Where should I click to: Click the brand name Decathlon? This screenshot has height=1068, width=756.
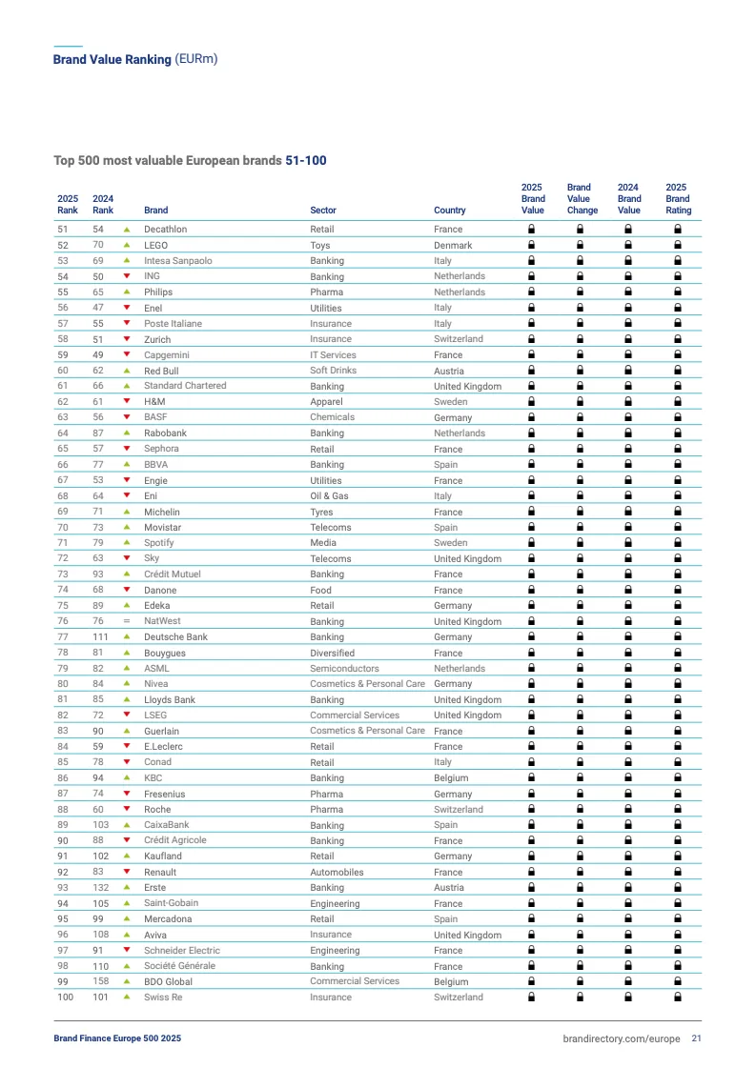click(165, 230)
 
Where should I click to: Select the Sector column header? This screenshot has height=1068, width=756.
click(322, 211)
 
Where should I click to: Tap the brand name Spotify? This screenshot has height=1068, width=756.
click(159, 543)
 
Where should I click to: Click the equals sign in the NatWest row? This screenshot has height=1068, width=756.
click(126, 621)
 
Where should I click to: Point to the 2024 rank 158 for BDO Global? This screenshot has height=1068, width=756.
click(100, 981)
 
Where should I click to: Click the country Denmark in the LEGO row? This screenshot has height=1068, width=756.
click(453, 245)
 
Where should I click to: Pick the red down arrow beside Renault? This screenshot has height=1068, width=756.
click(126, 872)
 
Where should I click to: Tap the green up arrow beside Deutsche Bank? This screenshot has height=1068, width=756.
click(126, 636)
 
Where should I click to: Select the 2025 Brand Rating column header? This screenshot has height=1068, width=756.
click(678, 199)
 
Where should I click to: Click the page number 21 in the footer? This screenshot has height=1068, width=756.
click(697, 1038)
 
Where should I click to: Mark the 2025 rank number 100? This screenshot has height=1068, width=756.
click(65, 997)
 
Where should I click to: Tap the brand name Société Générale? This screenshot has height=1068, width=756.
click(179, 966)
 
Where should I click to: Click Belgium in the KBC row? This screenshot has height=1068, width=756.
click(451, 778)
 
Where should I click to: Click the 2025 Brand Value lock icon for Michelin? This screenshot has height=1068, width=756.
click(532, 512)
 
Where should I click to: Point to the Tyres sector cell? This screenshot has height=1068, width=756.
click(321, 512)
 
